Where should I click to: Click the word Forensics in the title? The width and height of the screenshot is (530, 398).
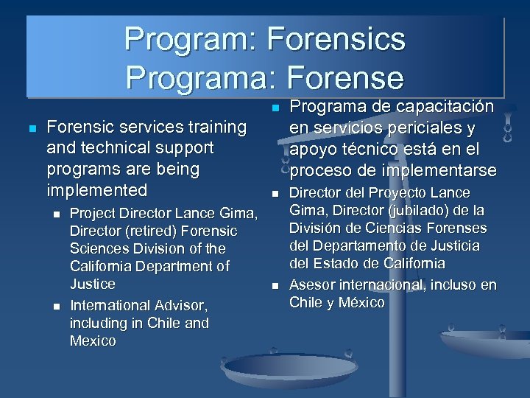[x=338, y=38]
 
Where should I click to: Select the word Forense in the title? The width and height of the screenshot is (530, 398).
[x=344, y=77]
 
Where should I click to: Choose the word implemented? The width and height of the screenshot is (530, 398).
[x=97, y=190]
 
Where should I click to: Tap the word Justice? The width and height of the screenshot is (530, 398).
[x=93, y=284]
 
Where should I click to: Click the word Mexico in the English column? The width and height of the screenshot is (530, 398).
[x=93, y=341]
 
